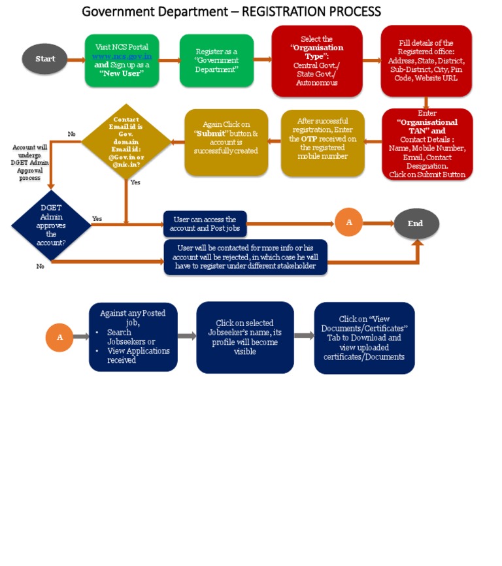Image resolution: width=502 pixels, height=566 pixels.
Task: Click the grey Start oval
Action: tap(44, 59)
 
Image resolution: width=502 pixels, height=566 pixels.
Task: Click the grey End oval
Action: tap(416, 224)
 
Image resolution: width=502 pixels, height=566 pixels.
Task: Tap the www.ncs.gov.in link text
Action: tap(122, 56)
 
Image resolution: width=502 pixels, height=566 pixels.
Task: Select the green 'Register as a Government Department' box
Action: tap(216, 60)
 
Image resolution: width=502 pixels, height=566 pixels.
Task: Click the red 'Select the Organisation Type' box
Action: tap(317, 61)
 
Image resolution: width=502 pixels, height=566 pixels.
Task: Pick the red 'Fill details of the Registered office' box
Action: tap(426, 61)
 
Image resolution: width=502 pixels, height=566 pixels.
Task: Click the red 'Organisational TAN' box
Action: tap(427, 144)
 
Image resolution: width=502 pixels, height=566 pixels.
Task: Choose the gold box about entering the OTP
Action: tap(322, 142)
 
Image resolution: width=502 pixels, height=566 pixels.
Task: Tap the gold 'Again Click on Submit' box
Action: tap(226, 142)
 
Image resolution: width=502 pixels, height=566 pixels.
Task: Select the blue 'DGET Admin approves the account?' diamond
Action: tap(51, 225)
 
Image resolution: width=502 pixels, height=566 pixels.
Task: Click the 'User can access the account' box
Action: tap(205, 224)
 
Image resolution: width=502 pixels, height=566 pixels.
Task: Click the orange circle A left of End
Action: tap(349, 223)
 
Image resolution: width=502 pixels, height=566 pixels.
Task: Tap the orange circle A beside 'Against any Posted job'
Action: tap(59, 337)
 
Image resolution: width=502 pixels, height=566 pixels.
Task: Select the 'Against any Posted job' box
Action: tap(133, 336)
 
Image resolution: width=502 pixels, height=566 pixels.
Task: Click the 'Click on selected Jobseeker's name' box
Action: tap(244, 337)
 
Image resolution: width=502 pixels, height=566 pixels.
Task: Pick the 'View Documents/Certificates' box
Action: tap(364, 338)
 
